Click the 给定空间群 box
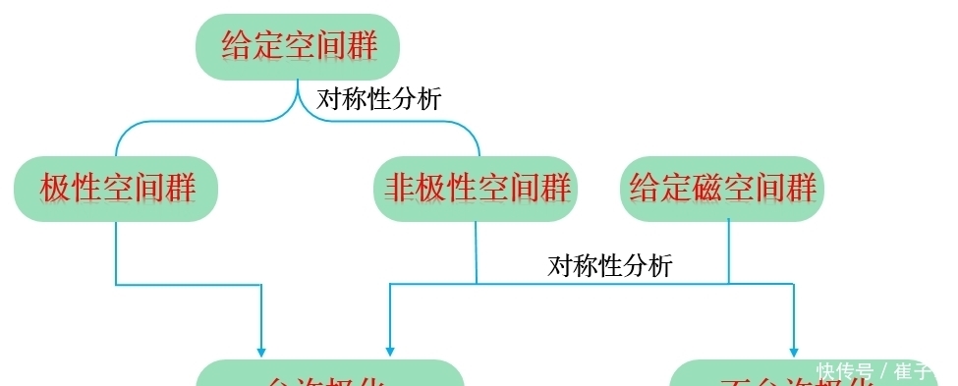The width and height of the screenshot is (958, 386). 298,46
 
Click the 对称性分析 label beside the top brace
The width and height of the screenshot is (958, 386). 378,99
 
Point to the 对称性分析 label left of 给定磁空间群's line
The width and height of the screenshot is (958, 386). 610,265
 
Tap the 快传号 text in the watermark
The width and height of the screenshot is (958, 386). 844,372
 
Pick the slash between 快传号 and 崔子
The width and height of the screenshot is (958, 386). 883,372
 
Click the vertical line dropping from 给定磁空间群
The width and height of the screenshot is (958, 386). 728,250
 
